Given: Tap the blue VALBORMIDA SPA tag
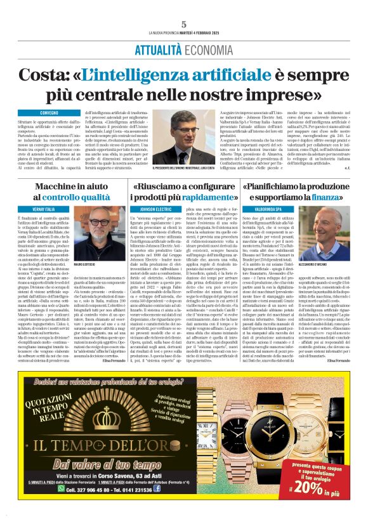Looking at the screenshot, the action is pyautogui.click(x=269, y=209).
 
